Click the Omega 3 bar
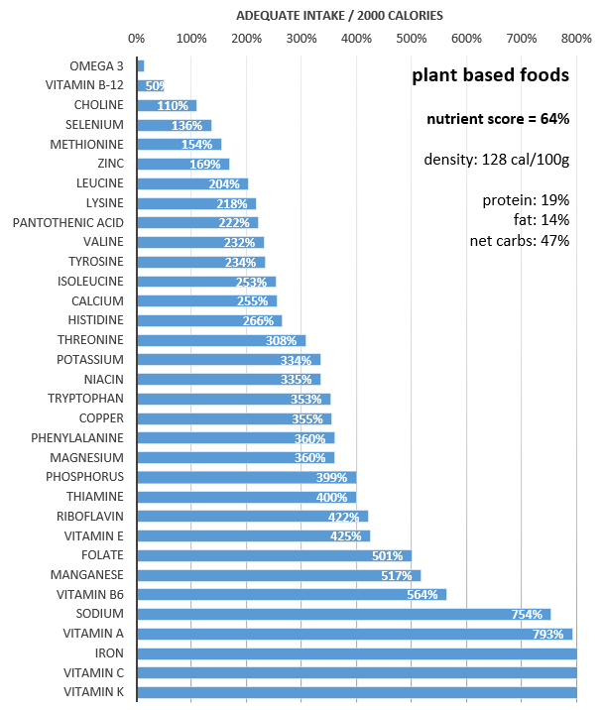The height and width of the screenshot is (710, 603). pos(141,65)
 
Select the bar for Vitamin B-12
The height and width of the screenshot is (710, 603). pos(151,85)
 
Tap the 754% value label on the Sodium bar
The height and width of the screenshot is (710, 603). pos(527,615)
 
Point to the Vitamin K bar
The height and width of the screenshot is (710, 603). pos(357,692)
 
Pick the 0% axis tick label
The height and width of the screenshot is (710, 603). pos(137,40)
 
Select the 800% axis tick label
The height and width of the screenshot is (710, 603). pos(576,40)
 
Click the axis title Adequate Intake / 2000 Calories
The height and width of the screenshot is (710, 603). pos(339,16)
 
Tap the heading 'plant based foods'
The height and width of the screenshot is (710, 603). pos(490,75)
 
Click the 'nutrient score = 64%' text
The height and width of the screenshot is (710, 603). pos(498,119)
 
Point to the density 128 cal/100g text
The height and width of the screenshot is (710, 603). pos(496,160)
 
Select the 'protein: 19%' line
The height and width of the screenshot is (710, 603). pos(526,200)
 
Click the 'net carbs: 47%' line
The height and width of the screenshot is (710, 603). pos(519,241)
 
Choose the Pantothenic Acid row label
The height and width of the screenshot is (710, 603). pos(68,222)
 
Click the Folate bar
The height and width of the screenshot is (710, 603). pos(274,555)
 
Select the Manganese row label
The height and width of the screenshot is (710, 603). pos(87,575)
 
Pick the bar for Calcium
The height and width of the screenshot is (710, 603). pos(206,300)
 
